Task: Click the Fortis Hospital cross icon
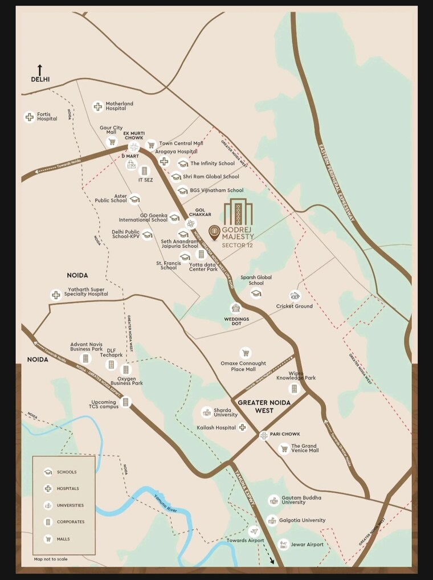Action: click(x=29, y=117)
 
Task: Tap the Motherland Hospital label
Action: click(x=120, y=106)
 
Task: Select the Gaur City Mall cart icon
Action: click(x=112, y=142)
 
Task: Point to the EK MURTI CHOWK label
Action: click(x=133, y=135)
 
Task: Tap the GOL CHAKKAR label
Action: click(x=203, y=211)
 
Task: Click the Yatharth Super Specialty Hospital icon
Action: click(x=56, y=295)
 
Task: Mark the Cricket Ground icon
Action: click(x=295, y=295)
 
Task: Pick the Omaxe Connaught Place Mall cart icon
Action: click(x=245, y=353)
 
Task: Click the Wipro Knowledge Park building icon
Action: click(x=294, y=389)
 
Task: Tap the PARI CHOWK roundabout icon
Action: click(x=264, y=435)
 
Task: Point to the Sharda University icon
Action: click(x=207, y=412)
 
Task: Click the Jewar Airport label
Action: click(x=308, y=545)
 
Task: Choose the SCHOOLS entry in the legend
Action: click(x=67, y=472)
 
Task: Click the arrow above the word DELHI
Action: click(x=40, y=69)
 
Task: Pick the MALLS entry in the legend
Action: click(x=64, y=538)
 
